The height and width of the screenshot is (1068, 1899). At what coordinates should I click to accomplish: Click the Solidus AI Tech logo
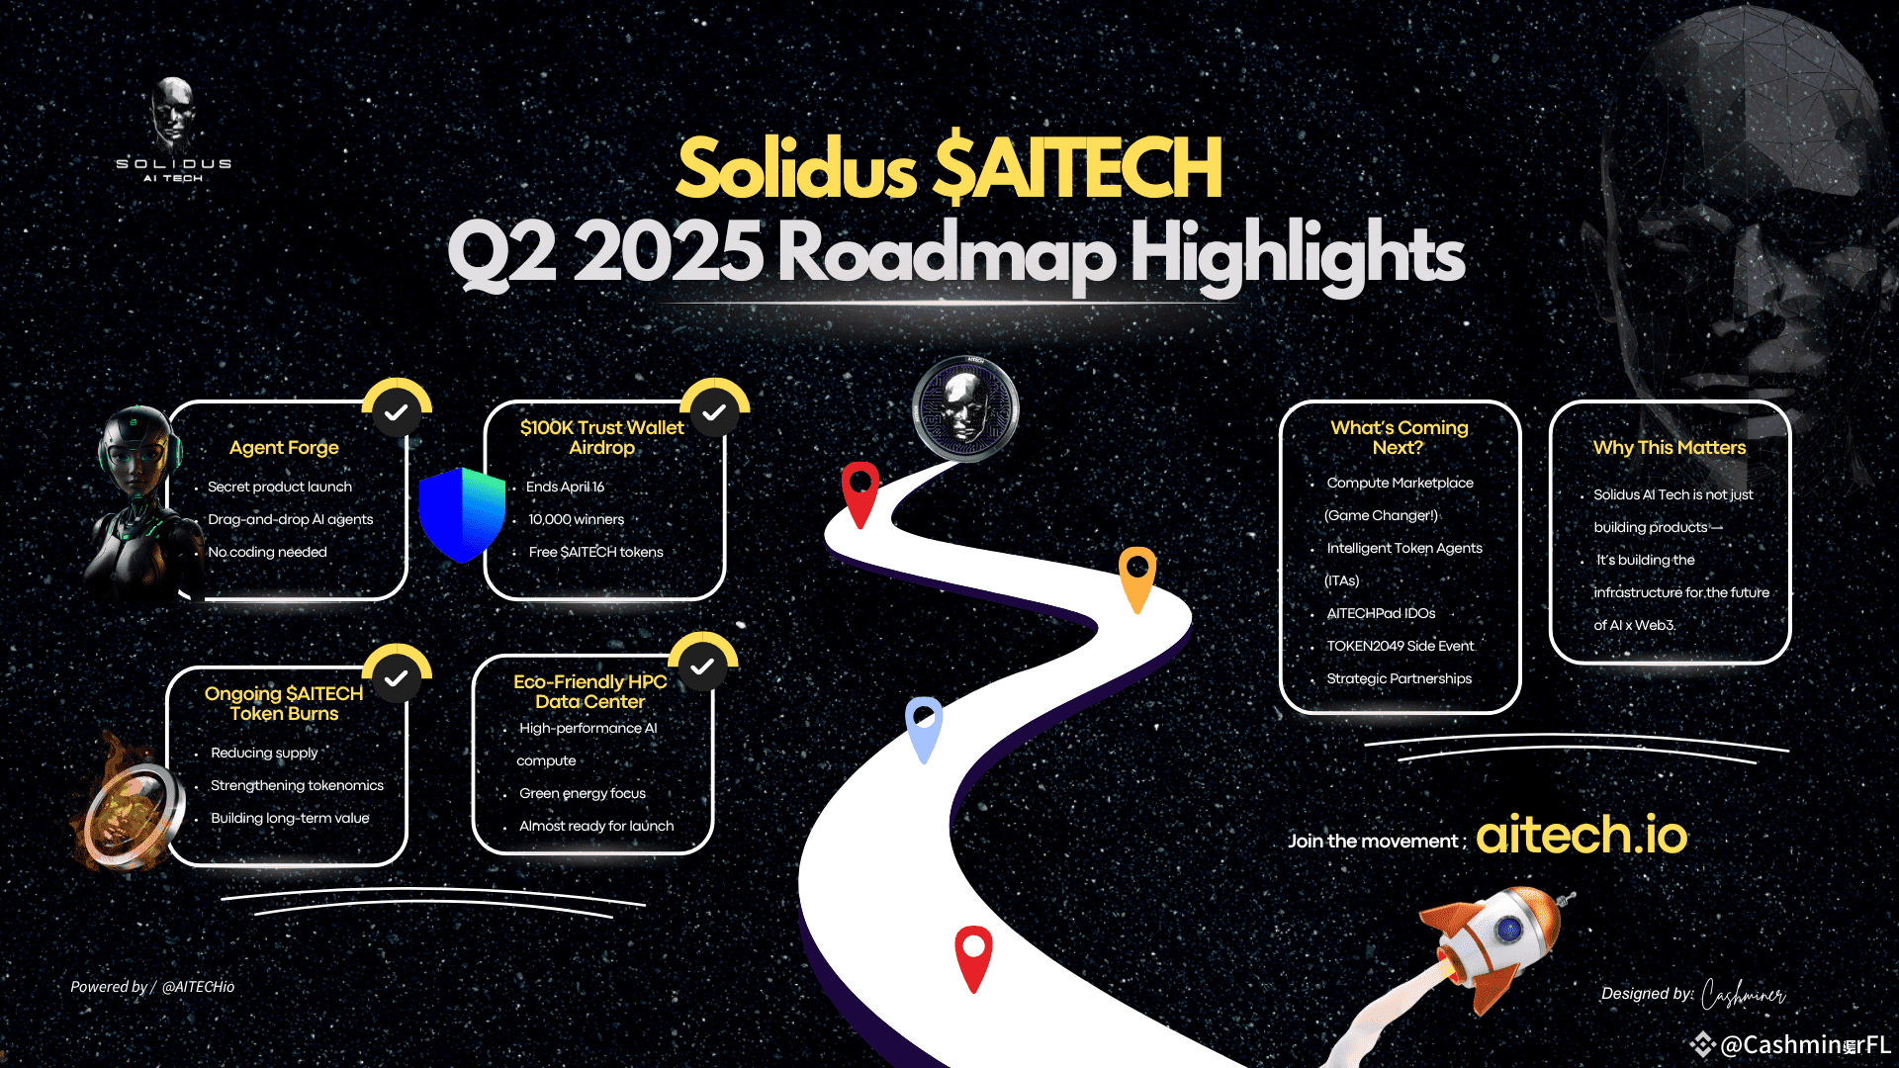(174, 130)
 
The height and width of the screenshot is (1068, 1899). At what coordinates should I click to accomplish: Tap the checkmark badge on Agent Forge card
(397, 412)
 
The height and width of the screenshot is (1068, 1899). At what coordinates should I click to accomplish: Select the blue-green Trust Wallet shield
(462, 514)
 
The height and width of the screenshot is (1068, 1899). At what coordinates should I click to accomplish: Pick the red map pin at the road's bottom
(973, 958)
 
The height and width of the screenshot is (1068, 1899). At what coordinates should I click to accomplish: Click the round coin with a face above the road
(965, 408)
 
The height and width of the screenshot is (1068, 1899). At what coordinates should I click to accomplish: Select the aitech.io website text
(1582, 835)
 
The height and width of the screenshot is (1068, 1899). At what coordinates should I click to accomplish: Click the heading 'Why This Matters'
(1670, 447)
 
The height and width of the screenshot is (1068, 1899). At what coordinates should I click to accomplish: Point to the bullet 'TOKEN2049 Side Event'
(1401, 646)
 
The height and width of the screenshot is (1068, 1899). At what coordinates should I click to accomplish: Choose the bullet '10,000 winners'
(577, 519)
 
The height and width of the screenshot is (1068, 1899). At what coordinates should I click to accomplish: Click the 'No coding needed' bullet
(267, 552)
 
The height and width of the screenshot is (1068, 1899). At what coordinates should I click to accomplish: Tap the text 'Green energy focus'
(583, 793)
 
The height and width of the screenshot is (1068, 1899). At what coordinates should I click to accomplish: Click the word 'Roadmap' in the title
(947, 253)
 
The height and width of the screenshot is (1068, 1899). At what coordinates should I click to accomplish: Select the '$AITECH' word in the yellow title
(1078, 168)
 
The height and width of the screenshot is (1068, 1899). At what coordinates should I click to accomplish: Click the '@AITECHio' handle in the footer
(199, 987)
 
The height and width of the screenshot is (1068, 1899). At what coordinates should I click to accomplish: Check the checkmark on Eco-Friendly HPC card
(703, 667)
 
